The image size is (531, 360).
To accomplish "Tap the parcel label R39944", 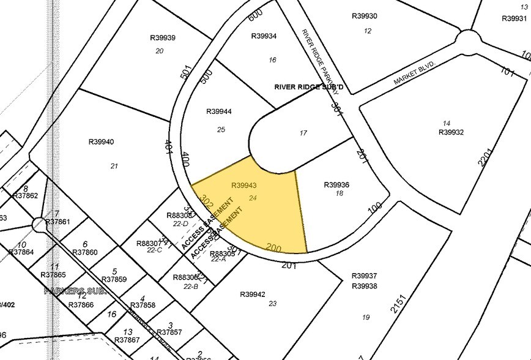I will coord(219,111).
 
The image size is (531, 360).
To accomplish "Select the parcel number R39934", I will coord(264,36).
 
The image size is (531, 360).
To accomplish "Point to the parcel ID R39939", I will coord(163,38).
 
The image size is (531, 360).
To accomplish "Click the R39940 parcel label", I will coord(102,142).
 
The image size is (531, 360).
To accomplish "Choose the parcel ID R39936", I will coord(336,185).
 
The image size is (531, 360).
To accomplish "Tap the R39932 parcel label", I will coord(451,132).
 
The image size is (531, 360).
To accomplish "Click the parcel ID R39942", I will coord(253,294).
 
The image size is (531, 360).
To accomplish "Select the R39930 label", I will coord(365,17).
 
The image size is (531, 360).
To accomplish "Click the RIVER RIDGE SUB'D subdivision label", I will coord(308,88).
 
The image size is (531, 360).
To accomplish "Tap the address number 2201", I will coord(491,154).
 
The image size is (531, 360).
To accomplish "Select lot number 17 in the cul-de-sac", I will coord(303,133).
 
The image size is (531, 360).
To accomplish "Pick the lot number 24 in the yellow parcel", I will coord(253,198).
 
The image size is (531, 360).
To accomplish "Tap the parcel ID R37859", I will coord(114,279).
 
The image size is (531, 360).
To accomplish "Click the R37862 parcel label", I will coord(25,196).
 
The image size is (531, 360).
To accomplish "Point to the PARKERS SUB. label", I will coord(75,291).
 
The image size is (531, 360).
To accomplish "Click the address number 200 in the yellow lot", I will coord(273,247).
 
